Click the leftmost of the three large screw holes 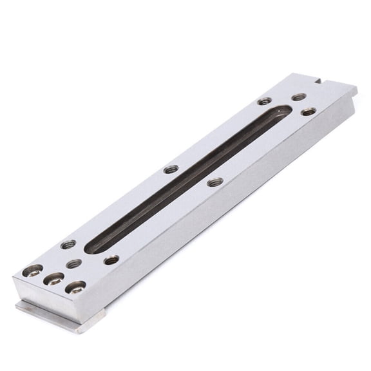(x=33, y=271)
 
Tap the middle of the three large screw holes (x=54, y=279)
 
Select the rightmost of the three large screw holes (x=76, y=287)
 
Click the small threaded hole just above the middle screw (x=74, y=263)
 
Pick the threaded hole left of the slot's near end (x=68, y=244)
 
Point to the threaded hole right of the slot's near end (x=111, y=260)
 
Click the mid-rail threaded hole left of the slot (x=171, y=169)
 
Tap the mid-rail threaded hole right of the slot (x=216, y=182)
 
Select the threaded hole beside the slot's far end (x=264, y=101)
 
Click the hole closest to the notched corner (x=299, y=97)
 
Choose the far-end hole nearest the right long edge (x=309, y=111)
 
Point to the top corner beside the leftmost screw (x=16, y=273)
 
